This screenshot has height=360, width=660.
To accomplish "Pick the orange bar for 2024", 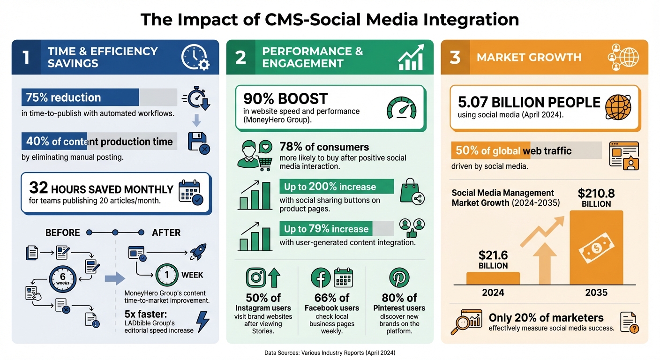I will (493, 278).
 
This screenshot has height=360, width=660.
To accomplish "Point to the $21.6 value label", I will (493, 259).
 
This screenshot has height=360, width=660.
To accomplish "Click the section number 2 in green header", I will (240, 57).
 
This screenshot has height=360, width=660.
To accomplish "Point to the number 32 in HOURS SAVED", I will (38, 188).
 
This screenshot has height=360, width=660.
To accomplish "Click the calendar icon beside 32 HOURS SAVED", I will (190, 193).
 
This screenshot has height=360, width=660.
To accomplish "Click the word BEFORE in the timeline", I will (62, 232).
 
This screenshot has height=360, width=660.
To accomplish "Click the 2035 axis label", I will (596, 292).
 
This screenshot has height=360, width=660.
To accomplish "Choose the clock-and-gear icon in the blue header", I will (195, 57).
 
